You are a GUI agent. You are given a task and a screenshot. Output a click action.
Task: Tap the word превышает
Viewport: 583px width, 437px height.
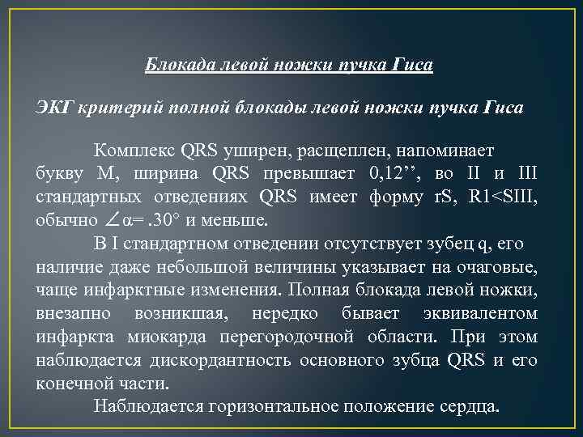tap(313, 173)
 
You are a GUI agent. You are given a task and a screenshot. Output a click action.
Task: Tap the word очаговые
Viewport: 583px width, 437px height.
tap(498, 266)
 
